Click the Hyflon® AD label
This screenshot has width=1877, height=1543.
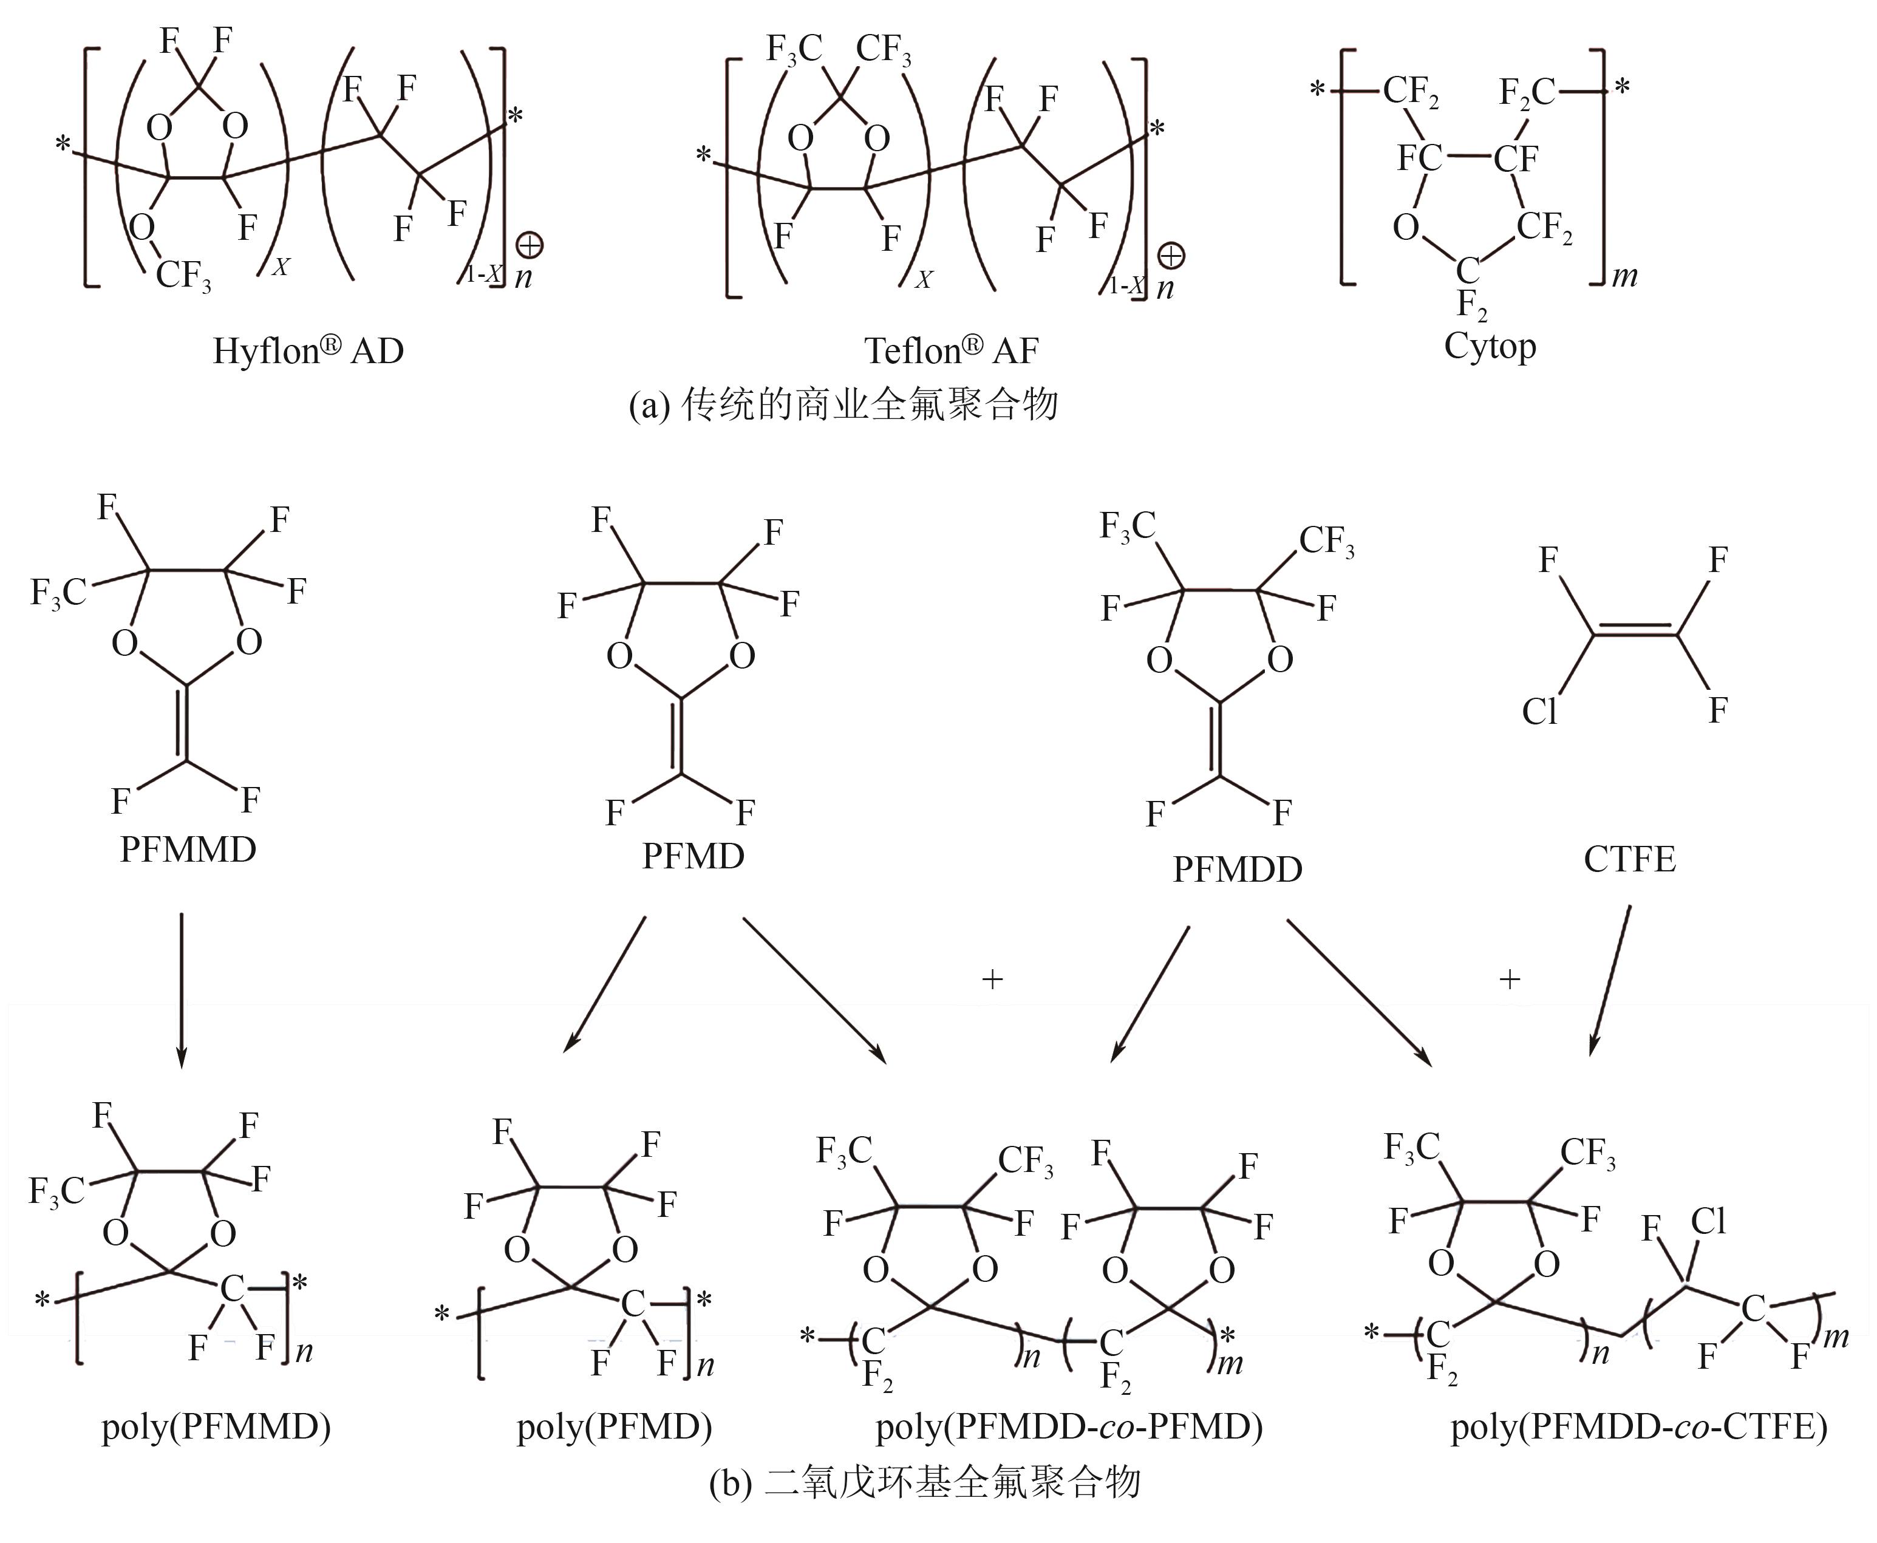click(307, 350)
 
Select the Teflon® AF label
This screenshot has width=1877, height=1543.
click(951, 350)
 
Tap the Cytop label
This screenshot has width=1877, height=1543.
click(1490, 345)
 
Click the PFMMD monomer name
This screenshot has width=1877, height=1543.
click(188, 850)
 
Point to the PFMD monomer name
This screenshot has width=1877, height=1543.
click(693, 856)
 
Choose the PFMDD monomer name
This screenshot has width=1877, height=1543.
click(1237, 868)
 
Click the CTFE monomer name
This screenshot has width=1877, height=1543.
click(1629, 859)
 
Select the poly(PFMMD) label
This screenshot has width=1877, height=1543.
click(216, 1428)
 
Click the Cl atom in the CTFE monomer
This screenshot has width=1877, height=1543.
click(1539, 712)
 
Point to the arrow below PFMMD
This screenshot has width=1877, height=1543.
click(182, 987)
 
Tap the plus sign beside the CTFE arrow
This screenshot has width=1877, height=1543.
click(1509, 979)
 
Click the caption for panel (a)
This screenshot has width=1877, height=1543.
click(842, 405)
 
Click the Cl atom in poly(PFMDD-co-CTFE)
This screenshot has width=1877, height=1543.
click(1707, 1222)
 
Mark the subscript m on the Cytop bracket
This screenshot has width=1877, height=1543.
click(1624, 276)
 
